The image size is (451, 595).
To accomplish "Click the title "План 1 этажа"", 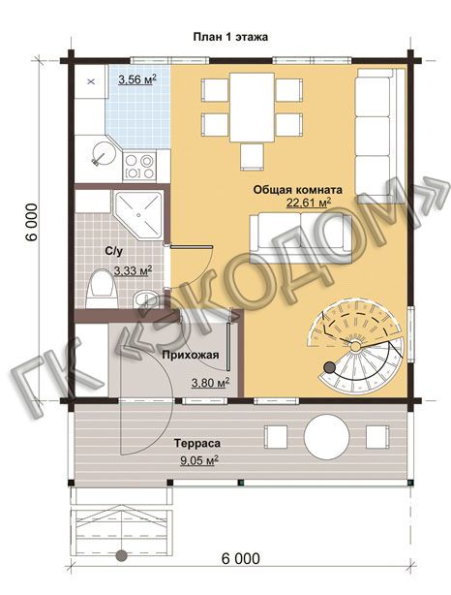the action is pyautogui.click(x=230, y=37).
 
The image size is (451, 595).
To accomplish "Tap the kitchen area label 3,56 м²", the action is pyautogui.click(x=137, y=79).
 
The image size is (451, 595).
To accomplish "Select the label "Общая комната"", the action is pyautogui.click(x=297, y=189).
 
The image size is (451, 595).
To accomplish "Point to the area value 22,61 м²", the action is pyautogui.click(x=309, y=203).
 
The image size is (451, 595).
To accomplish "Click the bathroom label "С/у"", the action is pyautogui.click(x=114, y=251).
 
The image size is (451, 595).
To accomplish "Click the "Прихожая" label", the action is pyautogui.click(x=191, y=355).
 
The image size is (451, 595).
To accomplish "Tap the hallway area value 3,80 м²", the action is pyautogui.click(x=211, y=383).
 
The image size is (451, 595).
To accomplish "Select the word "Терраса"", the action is pyautogui.click(x=197, y=443).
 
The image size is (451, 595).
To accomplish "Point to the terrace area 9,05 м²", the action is pyautogui.click(x=198, y=460).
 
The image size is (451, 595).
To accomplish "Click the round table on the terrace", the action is pyautogui.click(x=326, y=436).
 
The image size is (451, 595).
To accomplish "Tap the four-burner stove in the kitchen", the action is pyautogui.click(x=139, y=167).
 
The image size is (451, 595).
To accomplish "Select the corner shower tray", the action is pyautogui.click(x=138, y=214).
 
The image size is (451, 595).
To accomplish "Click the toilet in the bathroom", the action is pyautogui.click(x=100, y=288).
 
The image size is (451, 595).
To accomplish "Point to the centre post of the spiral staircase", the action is pyautogui.click(x=355, y=346).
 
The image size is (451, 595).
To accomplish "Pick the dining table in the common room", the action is pyautogui.click(x=252, y=108).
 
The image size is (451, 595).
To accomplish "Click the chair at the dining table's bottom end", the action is pyautogui.click(x=252, y=156).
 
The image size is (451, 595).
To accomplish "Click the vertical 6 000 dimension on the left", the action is pyautogui.click(x=32, y=222).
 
